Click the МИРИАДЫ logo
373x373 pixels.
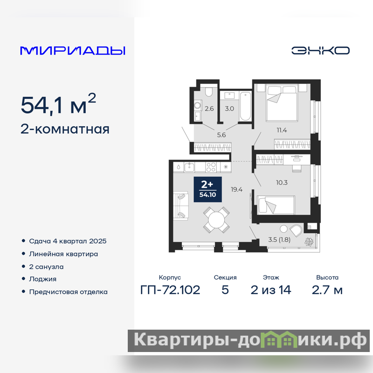(x=73, y=51)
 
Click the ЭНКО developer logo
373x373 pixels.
(x=320, y=50)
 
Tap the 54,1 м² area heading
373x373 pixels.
(x=58, y=104)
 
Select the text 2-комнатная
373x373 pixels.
(x=65, y=130)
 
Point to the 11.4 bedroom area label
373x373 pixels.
(x=282, y=131)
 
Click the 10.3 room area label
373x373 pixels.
(x=282, y=183)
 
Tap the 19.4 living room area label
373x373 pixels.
(x=236, y=189)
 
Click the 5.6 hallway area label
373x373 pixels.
(x=221, y=135)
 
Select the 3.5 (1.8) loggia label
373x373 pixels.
(x=279, y=240)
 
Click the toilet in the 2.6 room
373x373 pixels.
(x=208, y=91)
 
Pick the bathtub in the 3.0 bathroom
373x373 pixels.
(x=245, y=106)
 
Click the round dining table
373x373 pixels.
(x=216, y=220)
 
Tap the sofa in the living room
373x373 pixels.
(x=181, y=206)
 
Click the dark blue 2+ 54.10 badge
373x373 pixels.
(x=207, y=189)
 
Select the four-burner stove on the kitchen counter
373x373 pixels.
(x=211, y=167)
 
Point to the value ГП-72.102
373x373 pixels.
(x=170, y=290)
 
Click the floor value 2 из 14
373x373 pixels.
(x=271, y=290)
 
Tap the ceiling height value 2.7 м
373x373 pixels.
(x=327, y=290)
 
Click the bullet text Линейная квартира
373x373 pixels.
(x=63, y=254)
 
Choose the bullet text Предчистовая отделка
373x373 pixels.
(x=68, y=292)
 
